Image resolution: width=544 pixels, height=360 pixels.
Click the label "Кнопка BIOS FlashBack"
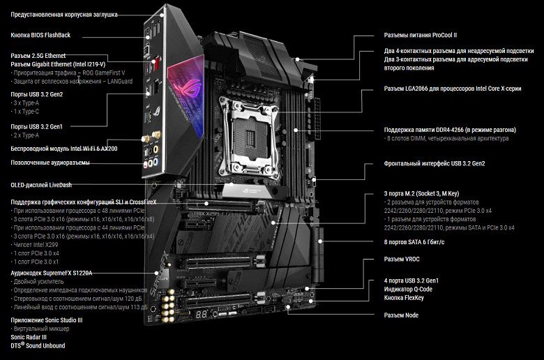[x=40, y=35]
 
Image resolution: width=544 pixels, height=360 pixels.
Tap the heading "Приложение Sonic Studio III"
[x=47, y=319]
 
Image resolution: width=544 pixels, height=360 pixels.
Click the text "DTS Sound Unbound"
[x=38, y=345]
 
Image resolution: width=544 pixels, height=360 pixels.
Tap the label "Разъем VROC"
[x=404, y=260]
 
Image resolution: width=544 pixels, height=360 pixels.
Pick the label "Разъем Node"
[x=402, y=315]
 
